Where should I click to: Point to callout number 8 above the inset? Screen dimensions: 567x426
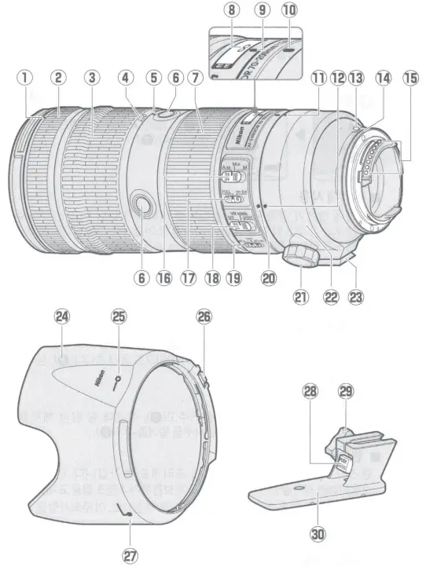[x=230, y=11]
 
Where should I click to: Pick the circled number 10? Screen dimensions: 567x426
[x=290, y=11]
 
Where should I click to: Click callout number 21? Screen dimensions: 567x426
[x=302, y=298]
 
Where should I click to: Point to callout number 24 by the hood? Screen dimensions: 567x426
[x=61, y=318]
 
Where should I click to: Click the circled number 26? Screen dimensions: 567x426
[x=204, y=317]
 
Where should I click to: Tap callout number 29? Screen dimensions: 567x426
[x=346, y=390]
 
